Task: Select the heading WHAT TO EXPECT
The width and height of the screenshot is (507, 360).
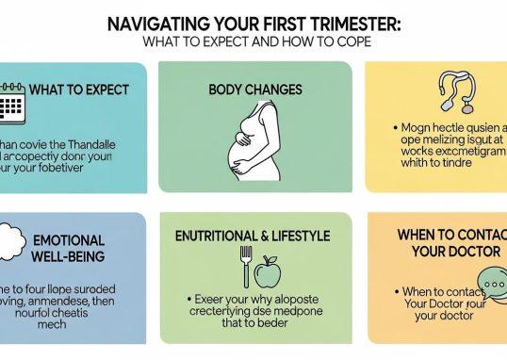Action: point(79,90)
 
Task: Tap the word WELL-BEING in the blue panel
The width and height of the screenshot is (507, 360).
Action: point(70,257)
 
